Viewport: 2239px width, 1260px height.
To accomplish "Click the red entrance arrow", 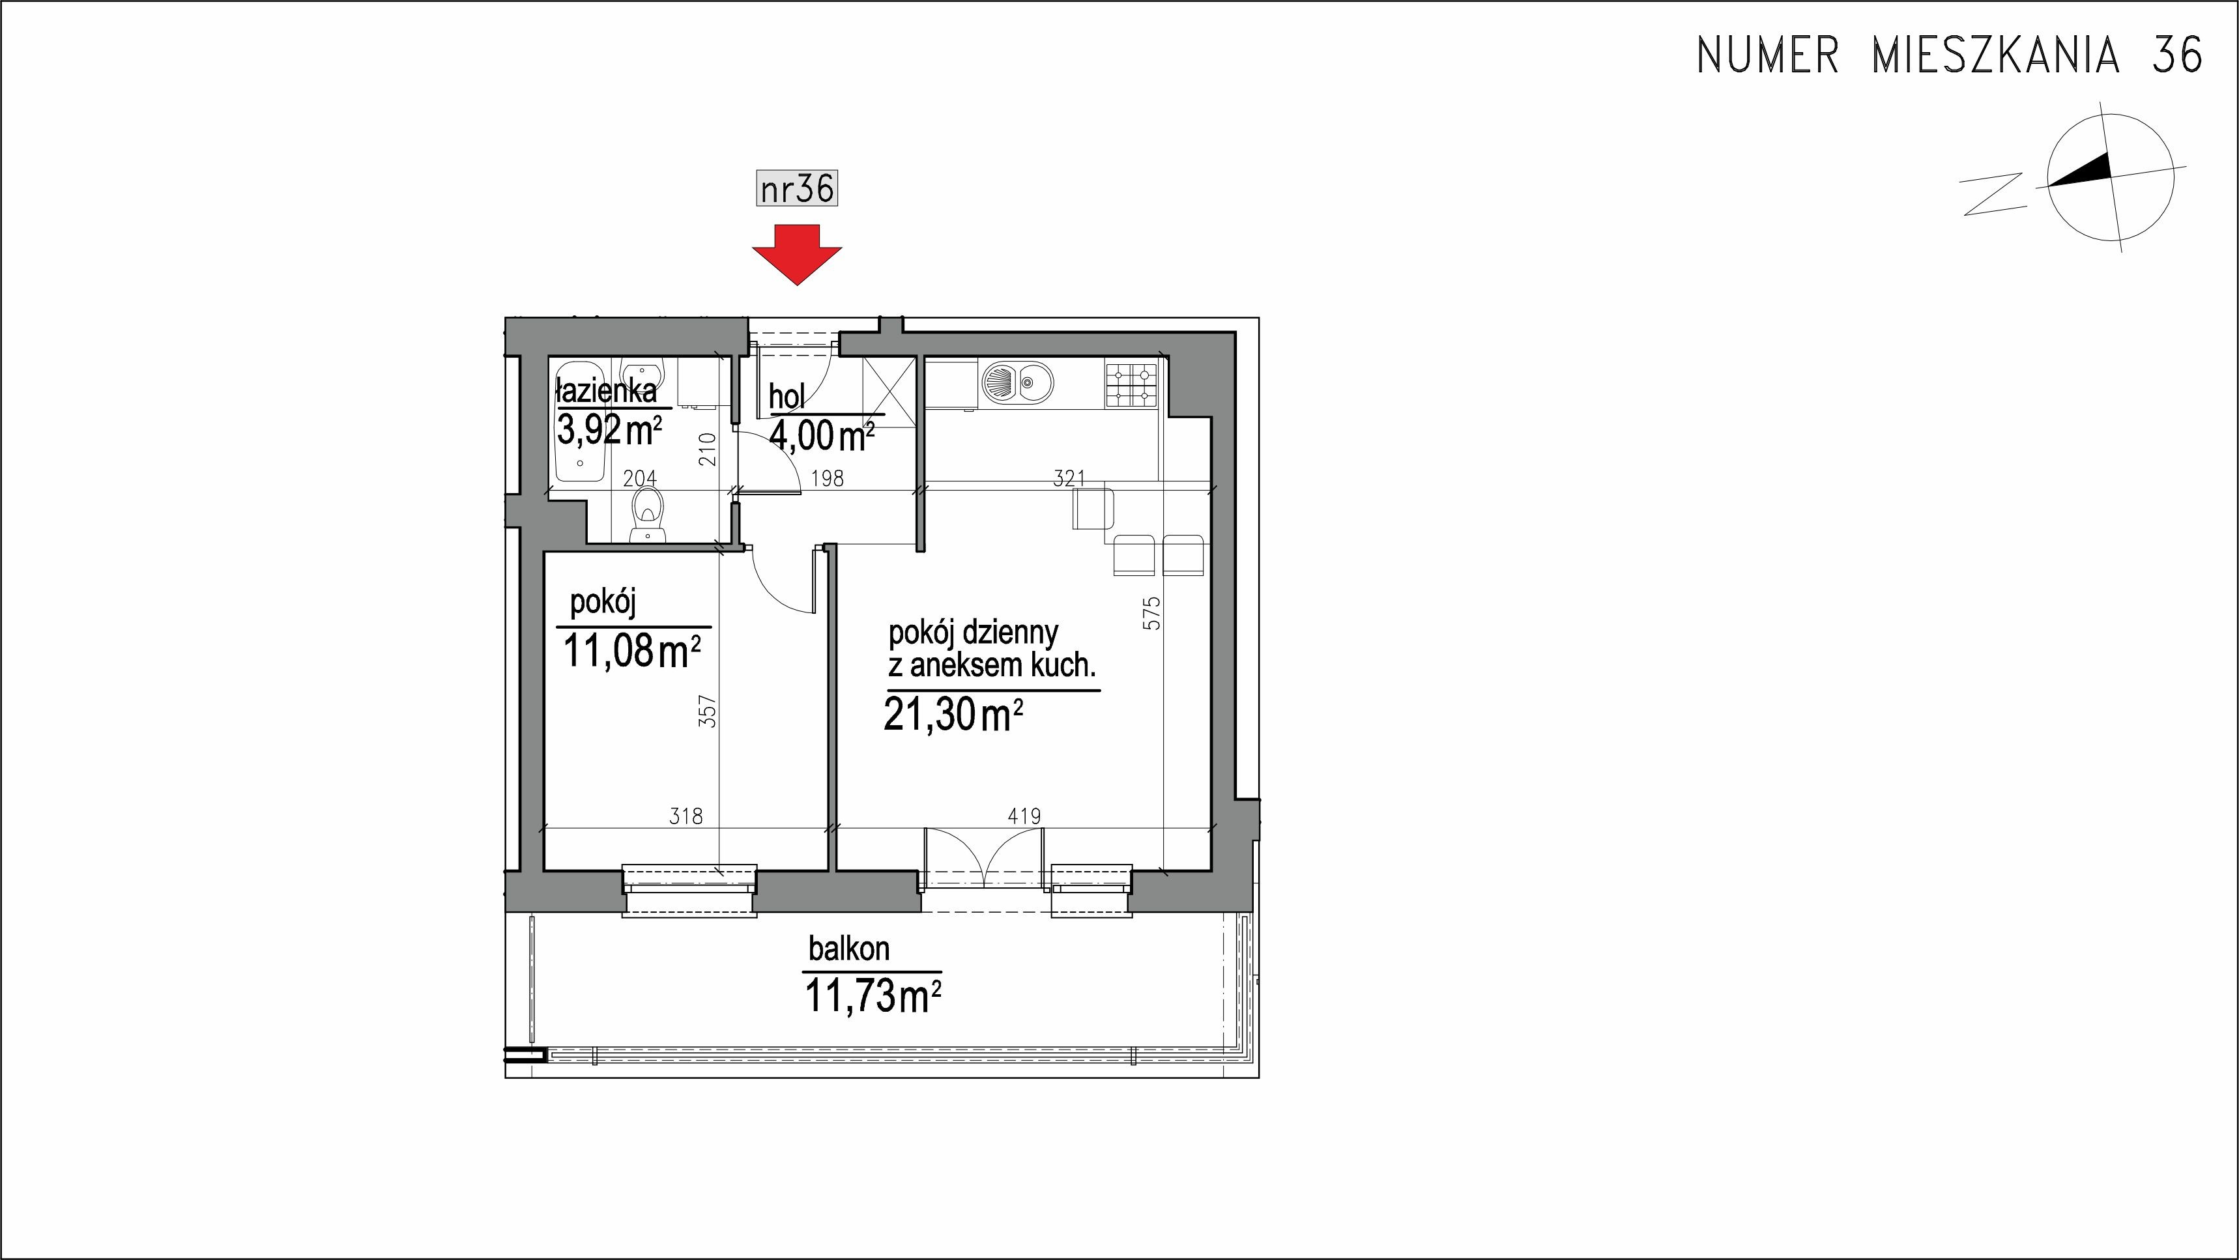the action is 797,253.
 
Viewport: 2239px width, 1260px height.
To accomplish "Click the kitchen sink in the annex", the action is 1017,382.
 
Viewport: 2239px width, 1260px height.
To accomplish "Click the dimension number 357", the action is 708,710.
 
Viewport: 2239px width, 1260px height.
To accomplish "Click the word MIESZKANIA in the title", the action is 1995,55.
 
